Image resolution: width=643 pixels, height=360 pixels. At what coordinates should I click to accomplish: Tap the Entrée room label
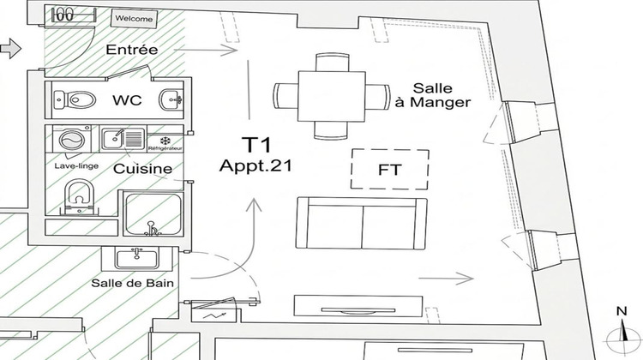tap(131, 50)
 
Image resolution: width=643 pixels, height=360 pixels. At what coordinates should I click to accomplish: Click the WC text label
tap(126, 100)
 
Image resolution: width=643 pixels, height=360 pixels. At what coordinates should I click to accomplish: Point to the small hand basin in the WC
tap(173, 99)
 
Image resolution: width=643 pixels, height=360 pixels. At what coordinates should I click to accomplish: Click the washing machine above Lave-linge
tap(68, 141)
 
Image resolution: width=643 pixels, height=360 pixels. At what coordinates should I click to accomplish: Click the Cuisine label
tap(142, 169)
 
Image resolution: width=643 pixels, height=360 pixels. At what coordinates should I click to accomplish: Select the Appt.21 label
tap(251, 166)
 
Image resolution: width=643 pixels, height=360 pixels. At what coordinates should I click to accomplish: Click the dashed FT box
tap(389, 170)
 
